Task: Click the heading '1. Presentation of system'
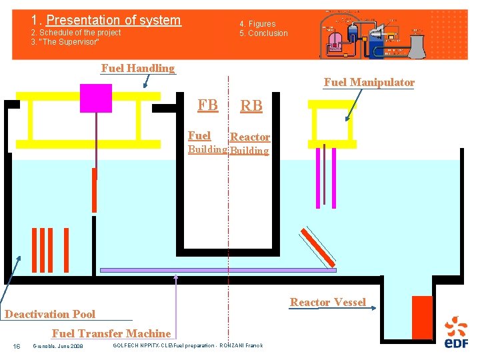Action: [106, 21]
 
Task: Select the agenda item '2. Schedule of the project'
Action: [76, 33]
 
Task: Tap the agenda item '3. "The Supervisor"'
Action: [65, 42]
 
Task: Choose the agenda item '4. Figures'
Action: [257, 24]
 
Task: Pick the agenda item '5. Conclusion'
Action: [264, 33]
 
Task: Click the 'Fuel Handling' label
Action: [137, 68]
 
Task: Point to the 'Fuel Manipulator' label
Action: [369, 82]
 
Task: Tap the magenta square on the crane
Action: [95, 97]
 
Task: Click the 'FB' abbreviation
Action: [207, 105]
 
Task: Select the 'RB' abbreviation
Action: [251, 105]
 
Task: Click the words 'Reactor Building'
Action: [250, 143]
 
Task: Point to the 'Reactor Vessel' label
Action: [327, 302]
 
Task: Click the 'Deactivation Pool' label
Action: [50, 314]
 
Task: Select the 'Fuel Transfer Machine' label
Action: [111, 333]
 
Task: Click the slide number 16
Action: [17, 345]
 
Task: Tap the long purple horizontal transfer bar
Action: [217, 270]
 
